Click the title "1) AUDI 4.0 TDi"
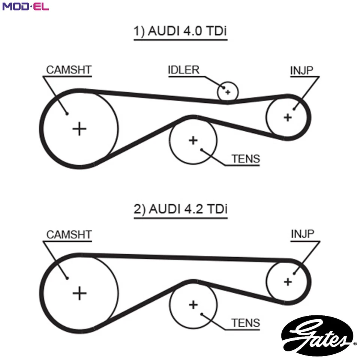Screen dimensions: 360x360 (x=180, y=31)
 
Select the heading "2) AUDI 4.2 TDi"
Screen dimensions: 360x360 (x=180, y=209)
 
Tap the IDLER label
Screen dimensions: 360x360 (x=183, y=70)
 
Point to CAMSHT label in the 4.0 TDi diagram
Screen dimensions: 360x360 (x=69, y=70)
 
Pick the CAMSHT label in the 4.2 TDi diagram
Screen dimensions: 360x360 (x=69, y=235)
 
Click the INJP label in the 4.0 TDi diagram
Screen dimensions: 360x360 (x=302, y=70)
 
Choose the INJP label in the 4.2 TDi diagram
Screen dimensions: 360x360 (x=302, y=234)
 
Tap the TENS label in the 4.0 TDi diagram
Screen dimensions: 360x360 (x=246, y=159)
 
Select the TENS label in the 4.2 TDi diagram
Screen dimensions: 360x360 (x=246, y=323)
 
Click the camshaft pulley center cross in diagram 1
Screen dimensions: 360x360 (x=79, y=129)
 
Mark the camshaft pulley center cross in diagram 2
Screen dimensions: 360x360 (x=79, y=293)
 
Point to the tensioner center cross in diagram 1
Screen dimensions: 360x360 (x=193, y=141)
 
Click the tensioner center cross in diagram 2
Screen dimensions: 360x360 (x=193, y=304)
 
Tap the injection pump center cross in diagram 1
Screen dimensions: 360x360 (x=288, y=117)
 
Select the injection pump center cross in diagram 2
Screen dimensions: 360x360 (x=288, y=281)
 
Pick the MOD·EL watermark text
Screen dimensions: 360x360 (x=25, y=6)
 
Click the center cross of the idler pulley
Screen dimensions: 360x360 (x=228, y=91)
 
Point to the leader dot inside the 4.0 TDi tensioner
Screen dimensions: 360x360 (x=202, y=150)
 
